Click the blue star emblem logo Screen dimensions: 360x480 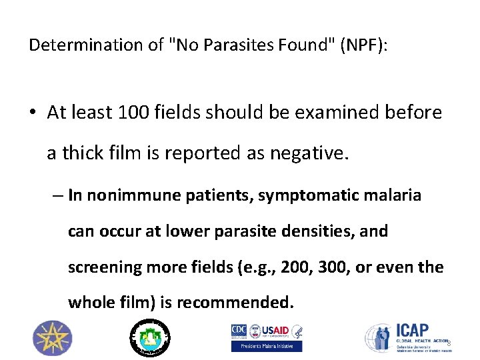50,337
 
